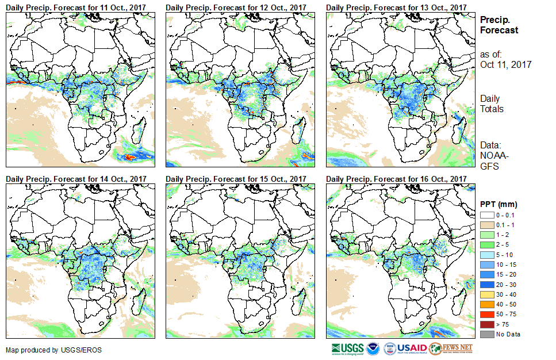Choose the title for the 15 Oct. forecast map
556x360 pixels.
pyautogui.click(x=236, y=179)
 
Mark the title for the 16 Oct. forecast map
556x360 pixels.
pyautogui.click(x=396, y=179)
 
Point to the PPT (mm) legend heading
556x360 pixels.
pyautogui.click(x=499, y=204)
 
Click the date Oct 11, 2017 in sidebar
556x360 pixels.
pyautogui.click(x=505, y=64)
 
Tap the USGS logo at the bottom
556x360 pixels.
pyautogui.click(x=347, y=348)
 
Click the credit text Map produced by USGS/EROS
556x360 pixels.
pyautogui.click(x=46, y=350)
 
